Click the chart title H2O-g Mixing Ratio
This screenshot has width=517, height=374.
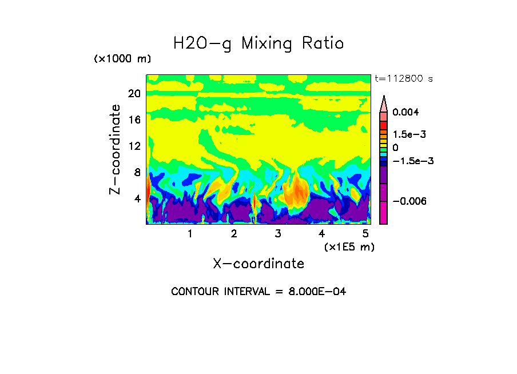point(258,43)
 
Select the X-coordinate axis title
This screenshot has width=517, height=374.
point(258,264)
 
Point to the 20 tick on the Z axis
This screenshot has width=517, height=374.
point(134,94)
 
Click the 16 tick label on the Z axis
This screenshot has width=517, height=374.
point(134,120)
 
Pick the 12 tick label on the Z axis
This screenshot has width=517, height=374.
point(134,146)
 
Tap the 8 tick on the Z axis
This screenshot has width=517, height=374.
point(137,172)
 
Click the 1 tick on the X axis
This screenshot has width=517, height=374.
point(190,234)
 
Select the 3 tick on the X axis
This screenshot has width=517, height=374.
point(278,234)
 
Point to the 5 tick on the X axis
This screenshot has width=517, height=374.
point(365,234)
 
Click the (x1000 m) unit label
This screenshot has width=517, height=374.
point(122,59)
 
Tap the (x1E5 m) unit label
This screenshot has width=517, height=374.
point(349,246)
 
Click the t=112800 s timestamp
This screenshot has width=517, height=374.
point(403,78)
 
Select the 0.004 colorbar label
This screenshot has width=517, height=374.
point(405,112)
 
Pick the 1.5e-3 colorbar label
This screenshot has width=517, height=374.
point(409,134)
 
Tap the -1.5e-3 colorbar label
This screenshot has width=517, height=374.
point(412,161)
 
